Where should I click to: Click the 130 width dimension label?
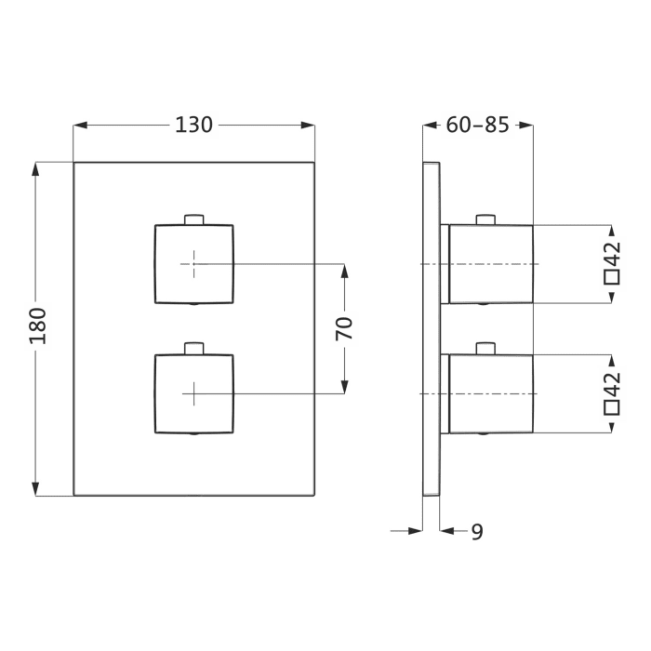click(194, 125)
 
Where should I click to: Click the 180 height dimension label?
click(38, 326)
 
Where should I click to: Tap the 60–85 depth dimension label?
click(477, 125)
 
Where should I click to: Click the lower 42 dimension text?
click(611, 384)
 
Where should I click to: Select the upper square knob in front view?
click(193, 264)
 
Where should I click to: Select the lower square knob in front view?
click(193, 393)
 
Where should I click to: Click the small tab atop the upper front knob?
click(193, 219)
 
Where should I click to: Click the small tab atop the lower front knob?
click(193, 349)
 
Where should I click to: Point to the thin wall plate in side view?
click(432, 328)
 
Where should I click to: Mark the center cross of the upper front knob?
click(193, 264)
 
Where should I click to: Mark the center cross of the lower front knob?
click(193, 393)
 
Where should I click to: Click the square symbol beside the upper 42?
click(611, 276)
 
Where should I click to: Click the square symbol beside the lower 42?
click(611, 406)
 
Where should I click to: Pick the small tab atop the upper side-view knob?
click(484, 219)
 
